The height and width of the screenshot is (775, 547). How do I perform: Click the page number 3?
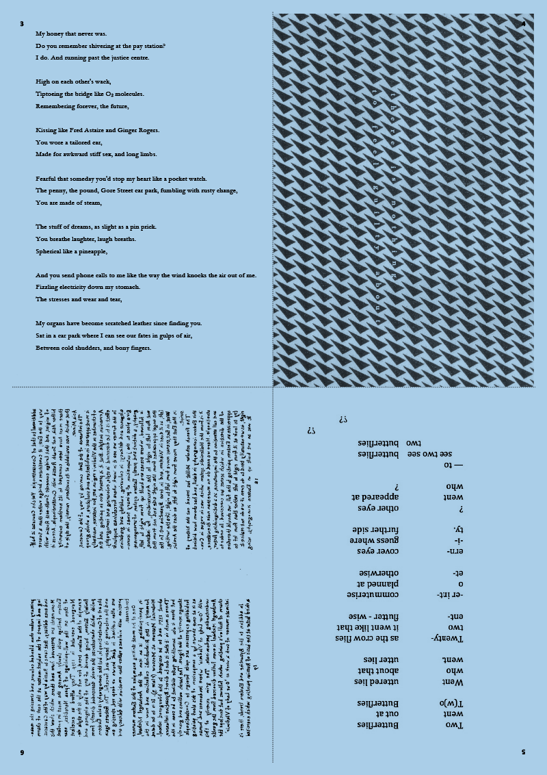click(x=23, y=24)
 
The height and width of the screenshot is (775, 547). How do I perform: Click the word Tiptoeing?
click(x=52, y=94)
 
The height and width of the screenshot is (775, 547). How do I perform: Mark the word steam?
click(x=92, y=203)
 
